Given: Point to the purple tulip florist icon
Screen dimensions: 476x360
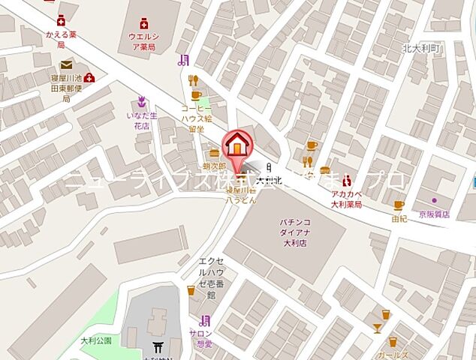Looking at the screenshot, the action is (x=140, y=100).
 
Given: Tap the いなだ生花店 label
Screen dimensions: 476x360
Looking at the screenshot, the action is (x=141, y=120).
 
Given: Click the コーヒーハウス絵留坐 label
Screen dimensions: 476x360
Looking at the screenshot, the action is (x=197, y=118).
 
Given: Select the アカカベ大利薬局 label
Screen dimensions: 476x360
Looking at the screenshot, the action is (x=348, y=199).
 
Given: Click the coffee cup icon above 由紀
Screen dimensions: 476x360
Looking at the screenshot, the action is (x=399, y=205).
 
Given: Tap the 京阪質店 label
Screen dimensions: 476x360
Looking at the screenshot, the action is (x=434, y=214).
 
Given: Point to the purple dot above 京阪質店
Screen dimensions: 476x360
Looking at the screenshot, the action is (x=433, y=201).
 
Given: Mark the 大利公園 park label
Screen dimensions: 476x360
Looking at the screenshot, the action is (x=95, y=340).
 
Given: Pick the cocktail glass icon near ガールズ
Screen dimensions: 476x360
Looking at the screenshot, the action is (x=377, y=327).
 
